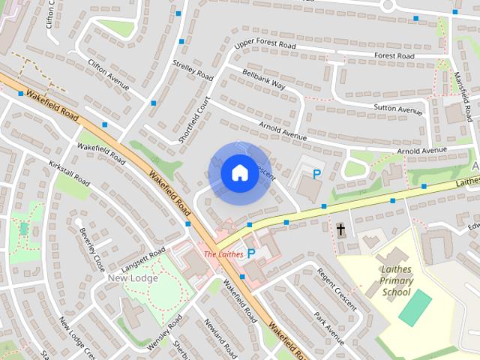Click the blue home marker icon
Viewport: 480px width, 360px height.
tap(239, 172)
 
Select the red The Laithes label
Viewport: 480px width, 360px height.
tap(223, 254)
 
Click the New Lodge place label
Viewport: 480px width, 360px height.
tap(133, 278)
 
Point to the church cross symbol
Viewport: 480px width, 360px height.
tap(341, 229)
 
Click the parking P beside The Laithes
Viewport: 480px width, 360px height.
tap(251, 254)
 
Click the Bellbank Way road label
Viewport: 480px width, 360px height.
tap(264, 79)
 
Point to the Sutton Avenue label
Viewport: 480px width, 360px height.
tap(398, 109)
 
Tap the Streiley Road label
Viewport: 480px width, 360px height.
tap(193, 70)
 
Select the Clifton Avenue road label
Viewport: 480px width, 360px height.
tap(109, 75)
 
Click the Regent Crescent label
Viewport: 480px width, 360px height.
tap(333, 286)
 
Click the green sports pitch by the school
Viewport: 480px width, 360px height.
tap(415, 307)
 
